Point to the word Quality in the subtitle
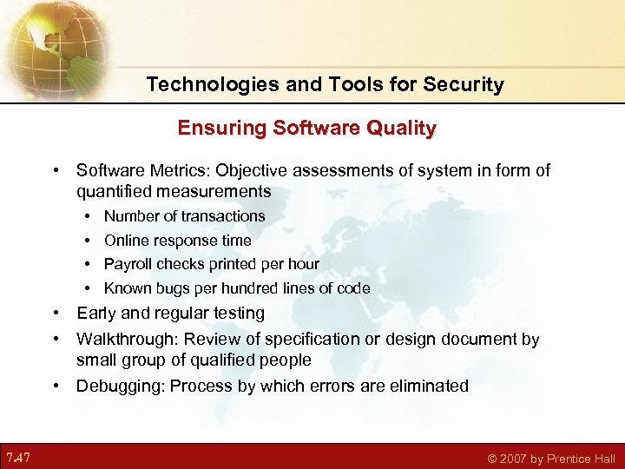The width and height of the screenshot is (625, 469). point(402,129)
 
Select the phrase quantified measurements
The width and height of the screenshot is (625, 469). point(174,191)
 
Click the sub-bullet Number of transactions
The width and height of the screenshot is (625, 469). point(184,216)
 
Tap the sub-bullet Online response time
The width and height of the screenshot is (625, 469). point(177,241)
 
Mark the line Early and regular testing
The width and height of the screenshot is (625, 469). point(170,314)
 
